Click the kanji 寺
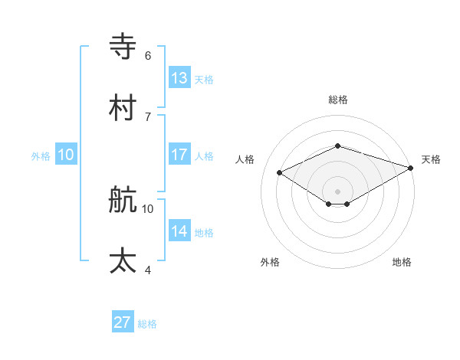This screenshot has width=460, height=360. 123,47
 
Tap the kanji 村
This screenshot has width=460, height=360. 123,108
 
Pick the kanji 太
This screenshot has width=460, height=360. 123,261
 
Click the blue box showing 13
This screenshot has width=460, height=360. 179,78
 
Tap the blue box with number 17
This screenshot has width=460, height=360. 179,155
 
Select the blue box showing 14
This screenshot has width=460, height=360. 179,231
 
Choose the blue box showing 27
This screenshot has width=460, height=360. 123,322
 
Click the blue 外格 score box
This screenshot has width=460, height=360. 66,155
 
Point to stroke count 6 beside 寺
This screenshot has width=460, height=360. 148,55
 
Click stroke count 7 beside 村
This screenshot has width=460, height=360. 148,116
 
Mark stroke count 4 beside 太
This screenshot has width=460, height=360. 148,270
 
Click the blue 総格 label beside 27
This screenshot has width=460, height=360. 147,324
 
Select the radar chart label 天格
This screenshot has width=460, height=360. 432,159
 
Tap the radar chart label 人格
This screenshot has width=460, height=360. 245,159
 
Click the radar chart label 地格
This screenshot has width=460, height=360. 402,262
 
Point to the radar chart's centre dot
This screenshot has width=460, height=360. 338,191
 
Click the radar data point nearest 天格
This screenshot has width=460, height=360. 412,167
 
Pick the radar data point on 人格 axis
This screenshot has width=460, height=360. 280,172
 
